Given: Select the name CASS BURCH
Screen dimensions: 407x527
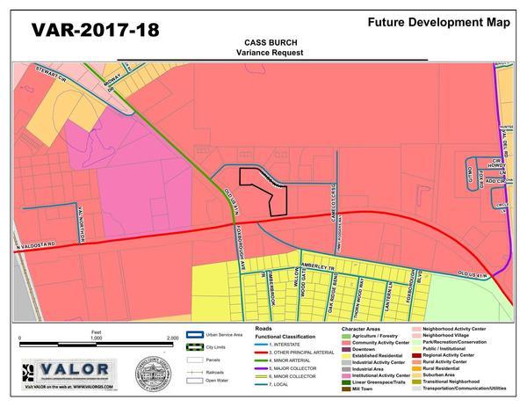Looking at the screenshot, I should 269,41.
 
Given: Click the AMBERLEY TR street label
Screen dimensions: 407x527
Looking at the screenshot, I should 314,266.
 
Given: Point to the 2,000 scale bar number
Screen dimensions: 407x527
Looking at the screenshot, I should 172,338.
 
